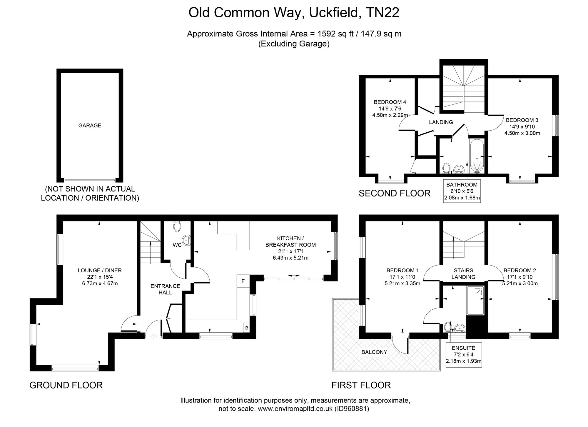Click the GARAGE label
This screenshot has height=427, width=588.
pyautogui.click(x=90, y=126)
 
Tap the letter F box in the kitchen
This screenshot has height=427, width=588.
pyautogui.click(x=243, y=281)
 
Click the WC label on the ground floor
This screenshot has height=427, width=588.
pyautogui.click(x=177, y=245)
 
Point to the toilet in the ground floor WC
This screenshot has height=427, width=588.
pyautogui.click(x=177, y=226)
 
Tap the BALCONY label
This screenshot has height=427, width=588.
pyautogui.click(x=374, y=352)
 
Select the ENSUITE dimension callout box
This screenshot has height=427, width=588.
pyautogui.click(x=464, y=355)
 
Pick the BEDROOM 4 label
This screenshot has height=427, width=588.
pyautogui.click(x=390, y=102)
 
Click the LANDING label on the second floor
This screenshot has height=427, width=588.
pyautogui.click(x=441, y=122)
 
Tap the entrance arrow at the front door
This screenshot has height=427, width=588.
pyautogui.click(x=153, y=336)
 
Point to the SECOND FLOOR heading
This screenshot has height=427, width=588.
pyautogui.click(x=395, y=193)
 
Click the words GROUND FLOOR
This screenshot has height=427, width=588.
pyautogui.click(x=66, y=385)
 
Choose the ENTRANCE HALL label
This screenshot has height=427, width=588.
pyautogui.click(x=165, y=289)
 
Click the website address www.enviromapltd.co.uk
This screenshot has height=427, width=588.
pyautogui.click(x=295, y=409)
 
